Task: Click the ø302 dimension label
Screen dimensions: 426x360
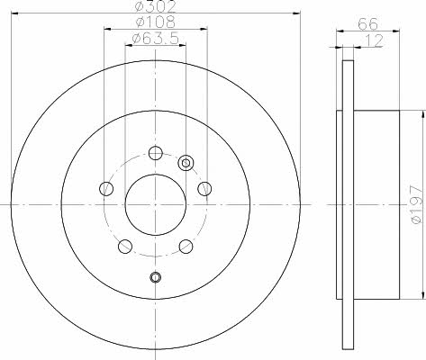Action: (155, 6)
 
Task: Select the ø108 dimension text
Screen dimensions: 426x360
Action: (156, 22)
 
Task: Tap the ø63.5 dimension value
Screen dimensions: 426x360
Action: (156, 38)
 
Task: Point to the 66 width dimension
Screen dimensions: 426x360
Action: (367, 24)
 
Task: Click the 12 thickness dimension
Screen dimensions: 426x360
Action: (374, 40)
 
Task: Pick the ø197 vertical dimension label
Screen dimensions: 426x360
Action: (418, 204)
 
